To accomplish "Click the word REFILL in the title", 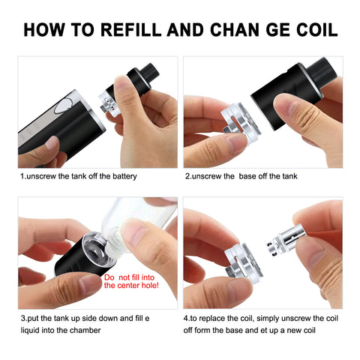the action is [130, 30].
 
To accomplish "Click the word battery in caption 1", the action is [124, 176].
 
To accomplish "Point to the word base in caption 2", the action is [247, 176].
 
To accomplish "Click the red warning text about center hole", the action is [131, 281].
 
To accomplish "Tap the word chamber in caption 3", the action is [85, 330].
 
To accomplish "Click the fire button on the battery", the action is [64, 106].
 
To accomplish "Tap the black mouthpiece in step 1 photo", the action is [150, 70].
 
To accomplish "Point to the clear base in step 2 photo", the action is [241, 123].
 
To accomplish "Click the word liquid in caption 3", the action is [30, 330].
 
